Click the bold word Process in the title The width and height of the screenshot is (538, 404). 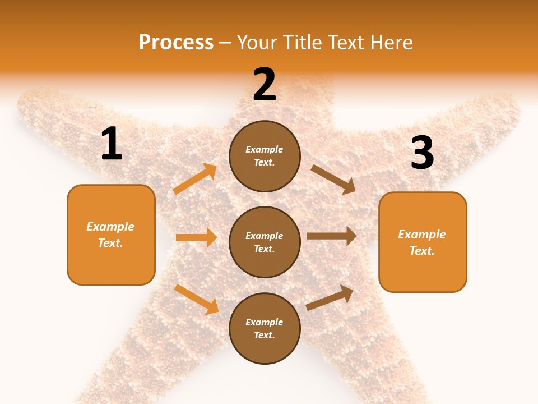pos(176,42)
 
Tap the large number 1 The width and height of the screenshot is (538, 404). pos(112,144)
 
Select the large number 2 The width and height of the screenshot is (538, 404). pos(265,85)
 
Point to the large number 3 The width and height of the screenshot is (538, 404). pos(423,153)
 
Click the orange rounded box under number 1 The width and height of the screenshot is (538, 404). pos(111,235)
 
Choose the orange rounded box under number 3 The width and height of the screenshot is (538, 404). pos(423,242)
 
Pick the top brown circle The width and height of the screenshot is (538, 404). pos(265,156)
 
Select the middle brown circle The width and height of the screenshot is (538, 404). pos(265,242)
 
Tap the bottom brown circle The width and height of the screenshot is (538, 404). pos(265,328)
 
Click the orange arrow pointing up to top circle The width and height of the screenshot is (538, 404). pos(195,179)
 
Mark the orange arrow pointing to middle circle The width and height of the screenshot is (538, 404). pos(196,237)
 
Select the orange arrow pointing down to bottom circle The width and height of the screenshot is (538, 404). pos(196,299)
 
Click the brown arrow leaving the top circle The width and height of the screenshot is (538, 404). pos(333,179)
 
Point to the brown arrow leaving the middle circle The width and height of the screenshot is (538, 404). pos(331,236)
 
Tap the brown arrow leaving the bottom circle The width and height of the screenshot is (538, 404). pos(330,297)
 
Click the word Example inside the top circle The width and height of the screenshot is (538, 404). pos(265,150)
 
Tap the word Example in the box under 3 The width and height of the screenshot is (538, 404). pos(422,235)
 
